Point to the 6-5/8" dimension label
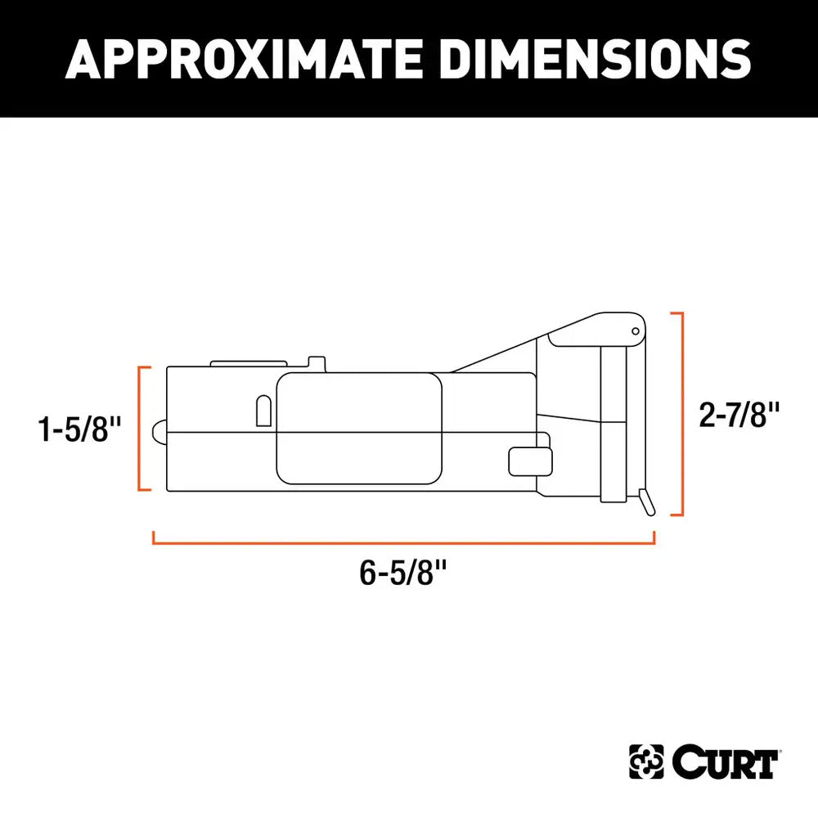[403, 573]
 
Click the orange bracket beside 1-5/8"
[141, 429]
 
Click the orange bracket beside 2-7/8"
[678, 413]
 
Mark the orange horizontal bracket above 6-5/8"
[403, 540]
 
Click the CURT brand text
[723, 764]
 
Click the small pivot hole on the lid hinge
[635, 331]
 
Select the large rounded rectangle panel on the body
[360, 429]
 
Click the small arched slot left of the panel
[263, 411]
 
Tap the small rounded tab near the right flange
[528, 461]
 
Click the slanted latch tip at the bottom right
[647, 501]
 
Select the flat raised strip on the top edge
[248, 362]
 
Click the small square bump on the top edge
[317, 361]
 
